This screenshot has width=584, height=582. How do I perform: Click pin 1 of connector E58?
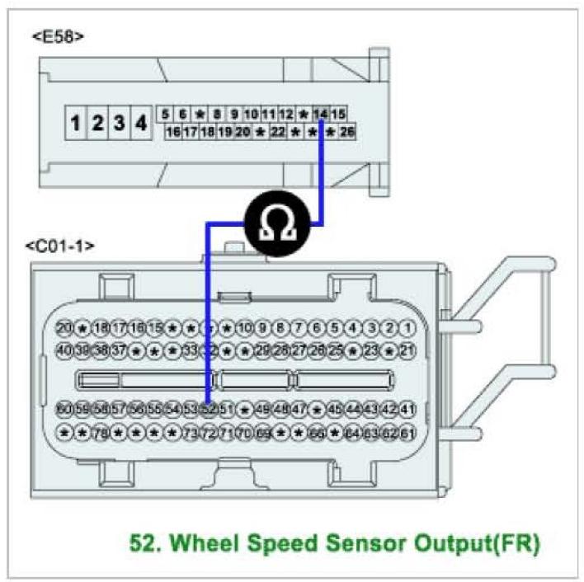[x=76, y=124]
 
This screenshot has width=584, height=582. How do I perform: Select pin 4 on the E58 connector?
[x=141, y=124]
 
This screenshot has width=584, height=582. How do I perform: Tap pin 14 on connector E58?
[x=322, y=114]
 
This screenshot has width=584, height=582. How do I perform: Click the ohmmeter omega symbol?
[x=272, y=223]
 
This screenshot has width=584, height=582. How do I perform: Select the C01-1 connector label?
[x=60, y=246]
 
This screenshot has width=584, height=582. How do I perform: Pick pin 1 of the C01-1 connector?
[x=407, y=328]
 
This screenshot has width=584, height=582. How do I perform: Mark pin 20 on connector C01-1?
[x=64, y=328]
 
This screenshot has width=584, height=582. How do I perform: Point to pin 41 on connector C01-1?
[x=407, y=409]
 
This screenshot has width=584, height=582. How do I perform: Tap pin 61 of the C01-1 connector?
[x=407, y=432]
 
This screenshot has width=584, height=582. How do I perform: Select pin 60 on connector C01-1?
[x=64, y=409]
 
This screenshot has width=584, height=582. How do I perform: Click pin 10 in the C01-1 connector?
[x=245, y=328]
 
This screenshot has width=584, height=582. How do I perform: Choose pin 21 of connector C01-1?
[x=407, y=350]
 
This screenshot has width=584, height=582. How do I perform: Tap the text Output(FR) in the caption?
[x=468, y=544]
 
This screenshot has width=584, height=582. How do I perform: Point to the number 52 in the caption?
[x=144, y=544]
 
